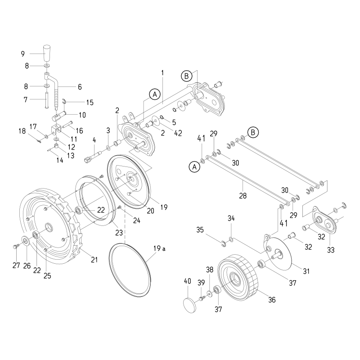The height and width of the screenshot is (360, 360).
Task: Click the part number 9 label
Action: pos(23,54)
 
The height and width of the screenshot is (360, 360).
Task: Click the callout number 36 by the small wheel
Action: pos(272,300)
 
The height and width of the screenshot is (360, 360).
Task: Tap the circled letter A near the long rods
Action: pos(194,166)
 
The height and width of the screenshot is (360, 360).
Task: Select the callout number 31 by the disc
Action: pos(306,271)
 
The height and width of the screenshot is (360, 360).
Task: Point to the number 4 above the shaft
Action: pos(94,140)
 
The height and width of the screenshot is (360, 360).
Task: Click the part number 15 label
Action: pos(90,103)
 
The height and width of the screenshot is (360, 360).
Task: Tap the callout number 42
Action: pos(178,133)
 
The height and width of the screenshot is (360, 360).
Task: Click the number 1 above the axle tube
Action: pos(162,72)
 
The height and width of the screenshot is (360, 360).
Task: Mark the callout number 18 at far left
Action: pos(22,131)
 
